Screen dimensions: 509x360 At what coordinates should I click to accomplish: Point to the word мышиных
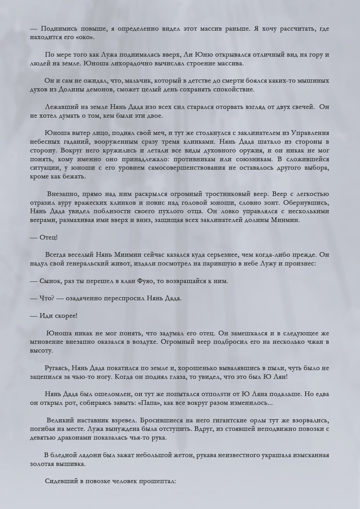(314, 81)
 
